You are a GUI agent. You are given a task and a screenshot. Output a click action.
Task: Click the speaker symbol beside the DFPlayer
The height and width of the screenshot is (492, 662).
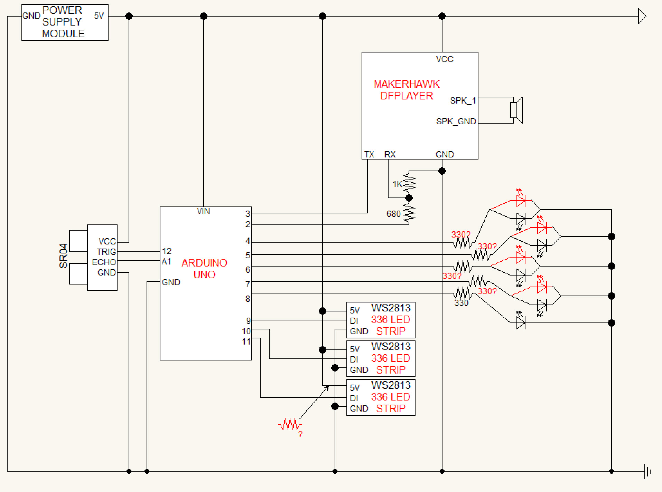(516, 110)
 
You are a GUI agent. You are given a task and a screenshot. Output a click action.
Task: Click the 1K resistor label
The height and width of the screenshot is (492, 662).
(397, 184)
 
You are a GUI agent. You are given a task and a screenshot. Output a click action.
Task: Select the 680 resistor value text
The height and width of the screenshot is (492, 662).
(393, 214)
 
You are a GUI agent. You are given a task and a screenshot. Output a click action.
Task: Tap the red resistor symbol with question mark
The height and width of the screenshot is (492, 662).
(290, 425)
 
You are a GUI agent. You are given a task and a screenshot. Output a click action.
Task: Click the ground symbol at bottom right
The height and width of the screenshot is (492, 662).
(647, 471)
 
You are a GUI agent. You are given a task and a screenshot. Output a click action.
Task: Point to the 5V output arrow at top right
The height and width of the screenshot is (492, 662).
(642, 16)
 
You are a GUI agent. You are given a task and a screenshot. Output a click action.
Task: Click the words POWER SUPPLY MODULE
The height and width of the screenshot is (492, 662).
(63, 22)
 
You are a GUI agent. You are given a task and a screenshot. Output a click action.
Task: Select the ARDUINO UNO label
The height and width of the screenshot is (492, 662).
(204, 269)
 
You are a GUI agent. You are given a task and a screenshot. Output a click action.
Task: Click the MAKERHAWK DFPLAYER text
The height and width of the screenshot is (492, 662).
(407, 90)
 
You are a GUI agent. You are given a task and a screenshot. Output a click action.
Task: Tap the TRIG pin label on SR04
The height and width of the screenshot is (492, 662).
(106, 252)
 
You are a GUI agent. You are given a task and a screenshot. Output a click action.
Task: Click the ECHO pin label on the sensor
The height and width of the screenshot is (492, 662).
(104, 262)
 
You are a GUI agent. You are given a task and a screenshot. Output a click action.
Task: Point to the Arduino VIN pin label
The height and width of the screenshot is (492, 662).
(203, 211)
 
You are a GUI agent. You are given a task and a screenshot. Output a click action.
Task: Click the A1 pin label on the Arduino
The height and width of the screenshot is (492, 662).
(166, 262)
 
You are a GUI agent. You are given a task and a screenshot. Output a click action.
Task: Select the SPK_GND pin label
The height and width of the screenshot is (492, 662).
(456, 122)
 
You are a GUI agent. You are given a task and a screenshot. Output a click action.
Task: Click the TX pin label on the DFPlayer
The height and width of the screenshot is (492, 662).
(369, 154)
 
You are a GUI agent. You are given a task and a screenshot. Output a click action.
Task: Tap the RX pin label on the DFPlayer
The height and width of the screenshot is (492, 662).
(390, 154)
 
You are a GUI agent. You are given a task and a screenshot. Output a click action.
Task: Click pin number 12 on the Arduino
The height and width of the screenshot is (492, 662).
(167, 251)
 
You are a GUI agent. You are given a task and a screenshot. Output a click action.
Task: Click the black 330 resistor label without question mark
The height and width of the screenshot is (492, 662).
(461, 303)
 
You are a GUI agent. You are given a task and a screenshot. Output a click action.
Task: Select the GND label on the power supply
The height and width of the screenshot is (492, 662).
(31, 16)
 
